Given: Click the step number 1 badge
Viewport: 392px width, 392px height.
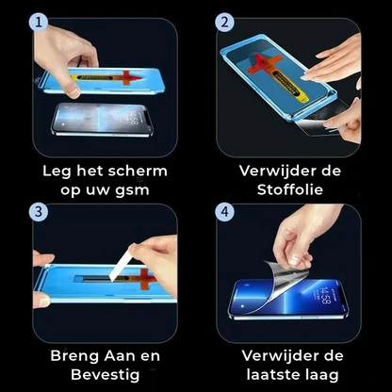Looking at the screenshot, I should (x=37, y=22).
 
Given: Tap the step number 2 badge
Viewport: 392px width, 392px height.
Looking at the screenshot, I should (x=223, y=22).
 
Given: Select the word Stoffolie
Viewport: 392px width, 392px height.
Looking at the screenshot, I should (x=289, y=191).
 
